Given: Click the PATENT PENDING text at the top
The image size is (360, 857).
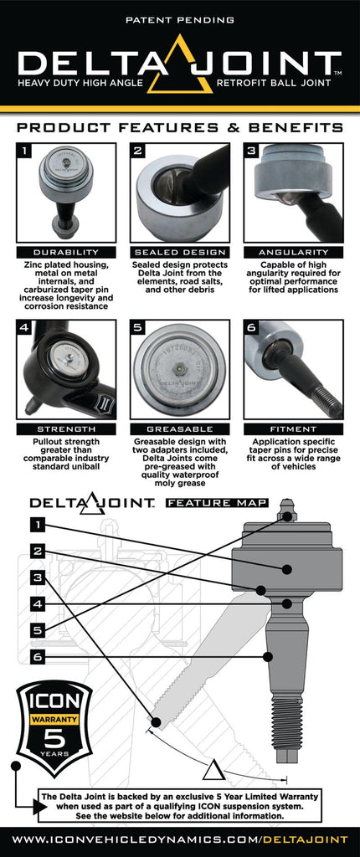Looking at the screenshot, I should pyautogui.click(x=179, y=18).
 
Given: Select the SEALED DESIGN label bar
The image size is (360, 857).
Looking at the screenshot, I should pyautogui.click(x=179, y=252).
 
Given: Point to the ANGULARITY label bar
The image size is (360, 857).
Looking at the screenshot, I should pyautogui.click(x=293, y=252).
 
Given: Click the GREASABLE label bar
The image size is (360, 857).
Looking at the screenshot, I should pyautogui.click(x=179, y=428).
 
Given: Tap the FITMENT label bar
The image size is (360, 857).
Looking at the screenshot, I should pyautogui.click(x=293, y=428).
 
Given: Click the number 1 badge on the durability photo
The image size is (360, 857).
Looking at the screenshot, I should pyautogui.click(x=26, y=152).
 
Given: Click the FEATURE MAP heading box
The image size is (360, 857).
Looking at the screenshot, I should pyautogui.click(x=217, y=503).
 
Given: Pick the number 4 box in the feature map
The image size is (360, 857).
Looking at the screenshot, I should pyautogui.click(x=37, y=603).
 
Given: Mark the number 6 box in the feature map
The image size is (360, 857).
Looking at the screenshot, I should pyautogui.click(x=37, y=656).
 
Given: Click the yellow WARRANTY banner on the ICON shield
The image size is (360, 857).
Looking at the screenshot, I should pyautogui.click(x=54, y=719).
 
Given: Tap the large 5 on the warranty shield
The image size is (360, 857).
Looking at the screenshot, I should pyautogui.click(x=54, y=742).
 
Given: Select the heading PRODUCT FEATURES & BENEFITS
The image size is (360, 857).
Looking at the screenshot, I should pyautogui.click(x=179, y=128).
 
